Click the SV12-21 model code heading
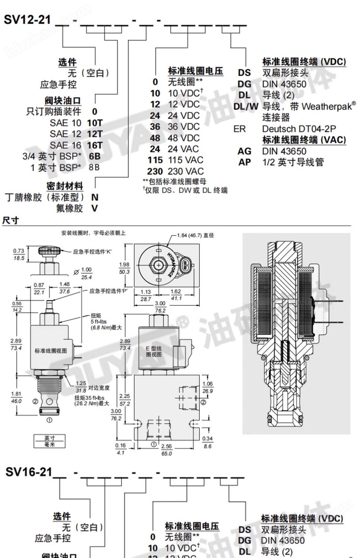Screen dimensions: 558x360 (27, 19)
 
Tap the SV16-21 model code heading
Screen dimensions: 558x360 (29, 472)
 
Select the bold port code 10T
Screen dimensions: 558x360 (94, 123)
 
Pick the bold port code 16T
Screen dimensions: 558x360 (94, 145)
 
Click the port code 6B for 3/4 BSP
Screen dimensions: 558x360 (94, 156)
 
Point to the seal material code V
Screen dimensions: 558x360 (94, 208)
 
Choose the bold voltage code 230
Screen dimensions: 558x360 (155, 171)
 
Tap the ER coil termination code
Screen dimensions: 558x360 (240, 129)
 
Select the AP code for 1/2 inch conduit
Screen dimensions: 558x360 (244, 162)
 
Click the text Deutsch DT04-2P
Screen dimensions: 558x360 (299, 129)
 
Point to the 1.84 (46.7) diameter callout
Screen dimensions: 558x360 (195, 235)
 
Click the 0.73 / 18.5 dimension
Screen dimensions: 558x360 (19, 254)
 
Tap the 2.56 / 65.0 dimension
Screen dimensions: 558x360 (167, 450)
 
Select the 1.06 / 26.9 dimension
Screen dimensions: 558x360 (208, 387)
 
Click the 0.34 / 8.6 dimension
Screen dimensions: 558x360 (208, 442)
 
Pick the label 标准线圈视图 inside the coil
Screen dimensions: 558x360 (51, 351)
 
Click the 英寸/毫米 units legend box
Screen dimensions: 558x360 (49, 441)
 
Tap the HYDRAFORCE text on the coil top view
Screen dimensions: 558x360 (170, 264)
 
